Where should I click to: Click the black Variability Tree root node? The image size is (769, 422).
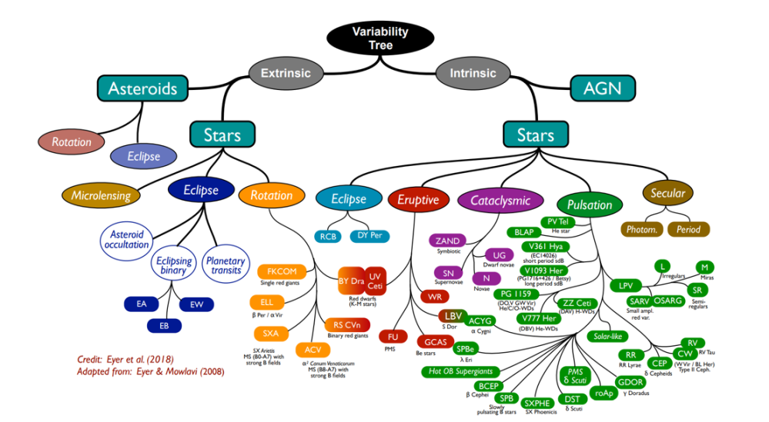tap(372, 38)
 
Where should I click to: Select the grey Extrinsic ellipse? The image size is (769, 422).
tap(286, 74)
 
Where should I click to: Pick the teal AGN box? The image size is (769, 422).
tap(602, 88)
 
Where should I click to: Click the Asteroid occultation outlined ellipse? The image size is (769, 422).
tap(127, 239)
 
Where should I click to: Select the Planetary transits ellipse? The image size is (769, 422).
tap(224, 265)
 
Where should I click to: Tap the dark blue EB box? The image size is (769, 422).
tap(164, 326)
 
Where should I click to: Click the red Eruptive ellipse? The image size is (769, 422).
tap(418, 200)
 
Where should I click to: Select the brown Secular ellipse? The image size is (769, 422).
tap(667, 193)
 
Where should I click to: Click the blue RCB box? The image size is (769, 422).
tap(325, 235)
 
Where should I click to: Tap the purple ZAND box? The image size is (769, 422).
tap(447, 241)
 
